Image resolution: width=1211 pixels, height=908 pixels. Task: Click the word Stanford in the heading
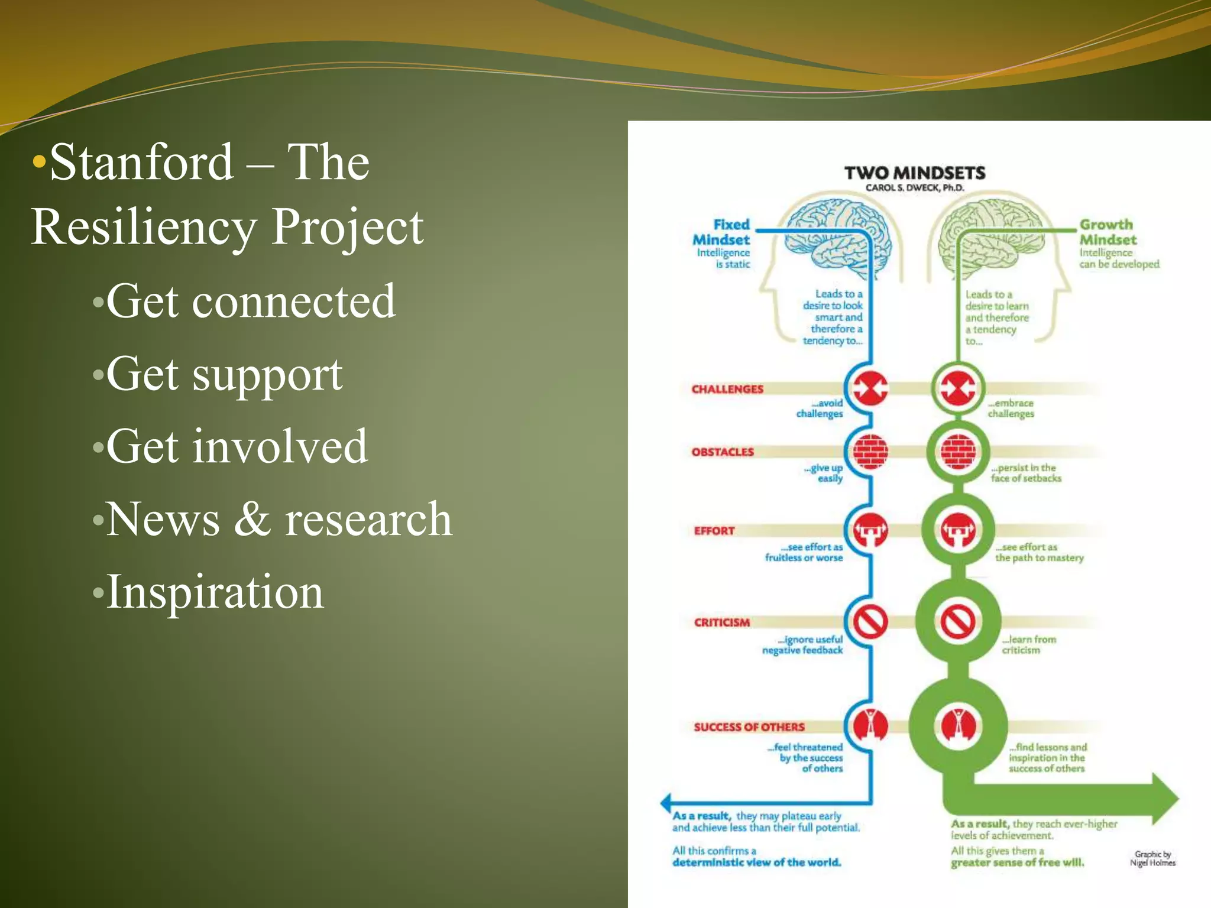pos(142,163)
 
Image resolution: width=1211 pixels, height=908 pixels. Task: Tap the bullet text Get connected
pos(250,301)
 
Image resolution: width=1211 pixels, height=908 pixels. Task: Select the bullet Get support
pos(224,375)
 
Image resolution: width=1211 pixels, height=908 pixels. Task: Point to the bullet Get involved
pos(237,447)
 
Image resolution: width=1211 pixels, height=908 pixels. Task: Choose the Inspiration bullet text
pos(215,592)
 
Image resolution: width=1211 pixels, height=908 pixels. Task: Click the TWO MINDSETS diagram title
pos(914,173)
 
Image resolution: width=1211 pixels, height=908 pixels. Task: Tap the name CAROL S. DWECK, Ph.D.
pos(914,188)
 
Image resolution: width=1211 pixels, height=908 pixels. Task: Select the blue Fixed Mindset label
pos(722,232)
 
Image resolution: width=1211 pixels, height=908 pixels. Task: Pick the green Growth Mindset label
pos(1108,232)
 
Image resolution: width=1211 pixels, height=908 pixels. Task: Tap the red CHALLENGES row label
pos(727,389)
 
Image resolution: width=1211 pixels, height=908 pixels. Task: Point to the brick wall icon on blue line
pos(870,452)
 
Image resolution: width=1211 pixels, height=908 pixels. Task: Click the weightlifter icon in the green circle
pos(958,530)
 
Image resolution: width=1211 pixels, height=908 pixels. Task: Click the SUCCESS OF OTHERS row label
pos(749,727)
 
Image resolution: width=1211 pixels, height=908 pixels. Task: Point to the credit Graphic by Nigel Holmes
pos(1152,858)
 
